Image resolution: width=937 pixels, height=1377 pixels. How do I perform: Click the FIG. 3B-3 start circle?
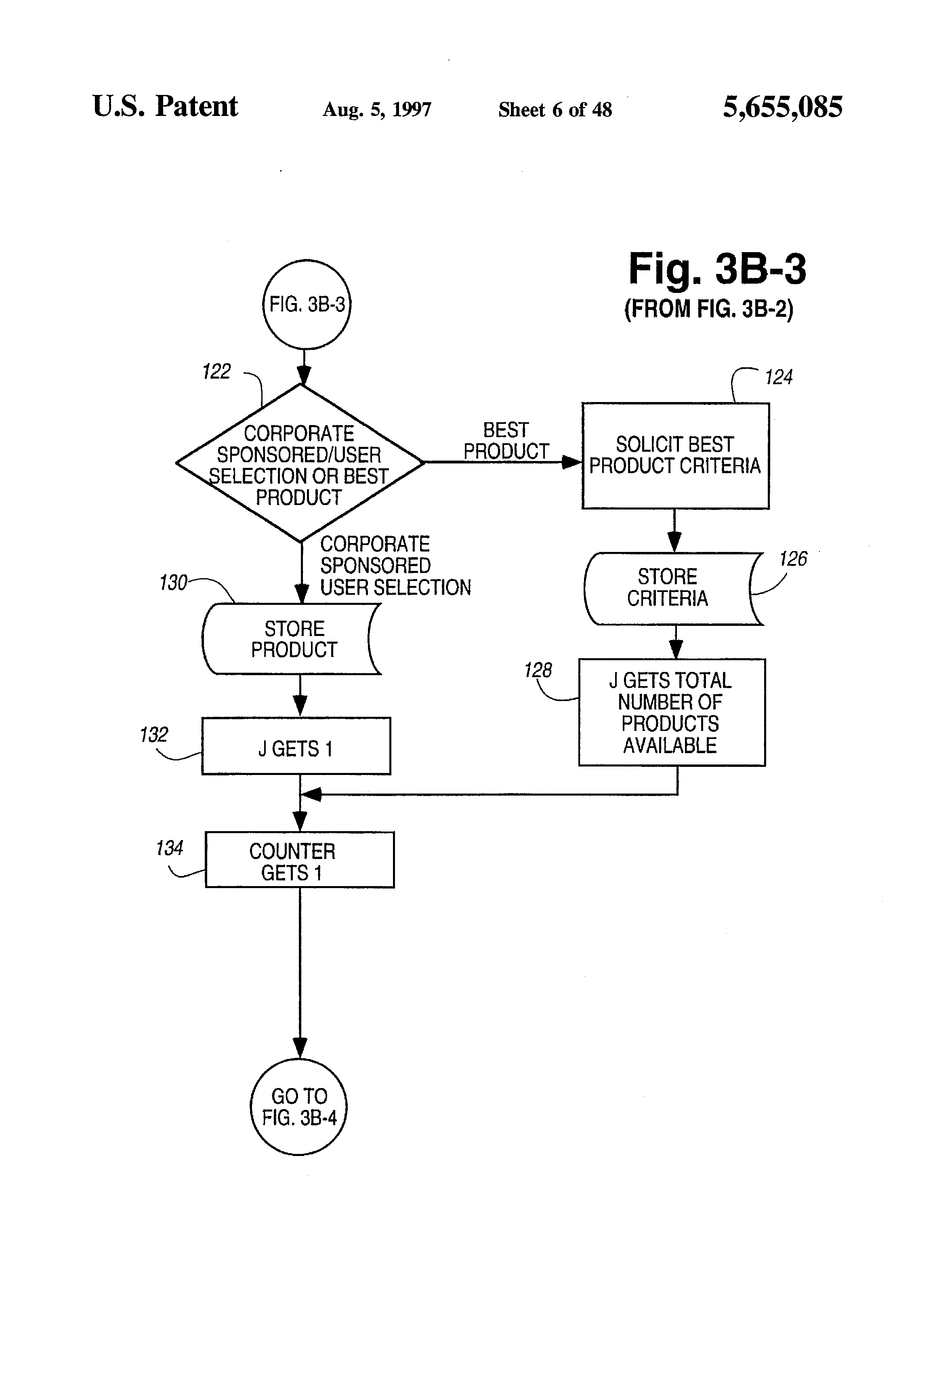(307, 305)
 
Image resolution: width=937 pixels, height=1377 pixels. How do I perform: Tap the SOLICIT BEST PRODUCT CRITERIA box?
(675, 456)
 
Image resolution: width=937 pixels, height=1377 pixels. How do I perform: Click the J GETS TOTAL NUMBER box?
(672, 712)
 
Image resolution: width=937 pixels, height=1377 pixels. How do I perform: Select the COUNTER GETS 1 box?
(299, 860)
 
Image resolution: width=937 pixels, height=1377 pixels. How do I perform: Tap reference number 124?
(778, 377)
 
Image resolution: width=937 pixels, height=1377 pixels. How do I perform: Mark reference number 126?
(792, 559)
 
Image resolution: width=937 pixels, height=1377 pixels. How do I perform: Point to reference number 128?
(537, 670)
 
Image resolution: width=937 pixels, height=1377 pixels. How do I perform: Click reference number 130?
(173, 583)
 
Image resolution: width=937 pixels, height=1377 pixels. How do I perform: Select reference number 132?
(153, 735)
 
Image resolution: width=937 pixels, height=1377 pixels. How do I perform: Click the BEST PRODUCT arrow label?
(506, 441)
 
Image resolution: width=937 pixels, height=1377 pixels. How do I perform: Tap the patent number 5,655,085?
(782, 107)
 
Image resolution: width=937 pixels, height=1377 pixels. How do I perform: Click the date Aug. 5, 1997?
(377, 109)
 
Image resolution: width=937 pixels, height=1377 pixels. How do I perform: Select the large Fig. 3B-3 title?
(716, 269)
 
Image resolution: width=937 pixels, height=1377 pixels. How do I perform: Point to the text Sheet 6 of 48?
(555, 109)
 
